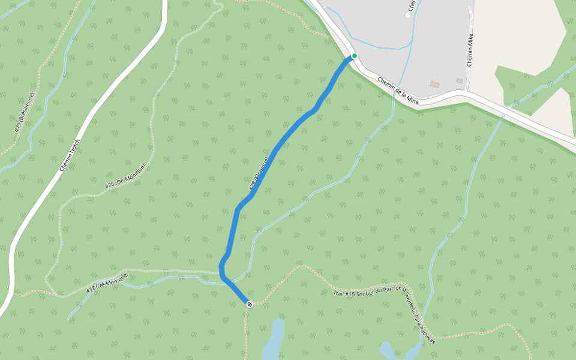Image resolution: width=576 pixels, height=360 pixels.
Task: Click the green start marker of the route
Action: [x=355, y=56]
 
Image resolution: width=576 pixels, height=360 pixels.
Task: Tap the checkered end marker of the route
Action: [x=249, y=304]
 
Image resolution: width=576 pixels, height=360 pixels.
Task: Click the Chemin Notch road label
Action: [x=70, y=155]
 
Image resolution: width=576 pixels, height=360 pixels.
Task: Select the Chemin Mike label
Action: [x=471, y=50]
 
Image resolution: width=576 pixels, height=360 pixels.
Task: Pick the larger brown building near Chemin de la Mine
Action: [x=434, y=85]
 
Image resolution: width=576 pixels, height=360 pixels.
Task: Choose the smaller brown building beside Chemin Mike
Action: [x=459, y=80]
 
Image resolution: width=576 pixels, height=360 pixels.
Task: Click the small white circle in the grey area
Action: [x=408, y=15]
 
